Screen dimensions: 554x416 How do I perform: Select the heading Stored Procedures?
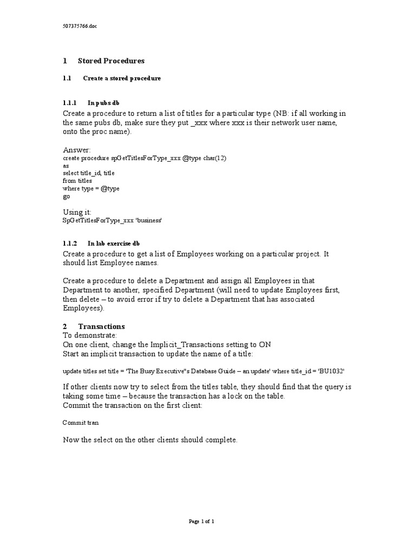click(111, 61)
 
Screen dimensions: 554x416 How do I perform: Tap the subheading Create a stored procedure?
click(122, 78)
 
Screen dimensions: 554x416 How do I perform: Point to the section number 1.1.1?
click(70, 103)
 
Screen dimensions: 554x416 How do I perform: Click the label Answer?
click(77, 149)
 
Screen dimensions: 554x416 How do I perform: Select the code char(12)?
click(216, 157)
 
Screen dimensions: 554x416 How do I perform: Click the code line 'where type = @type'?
click(90, 188)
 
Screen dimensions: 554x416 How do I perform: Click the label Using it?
click(77, 212)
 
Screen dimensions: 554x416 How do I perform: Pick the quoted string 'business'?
click(149, 220)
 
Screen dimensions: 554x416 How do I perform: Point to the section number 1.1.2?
click(70, 243)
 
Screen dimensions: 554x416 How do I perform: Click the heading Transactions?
click(101, 326)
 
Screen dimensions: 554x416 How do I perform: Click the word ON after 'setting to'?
click(265, 345)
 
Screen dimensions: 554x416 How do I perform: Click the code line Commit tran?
click(81, 422)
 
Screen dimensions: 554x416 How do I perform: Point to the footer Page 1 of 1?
click(201, 522)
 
